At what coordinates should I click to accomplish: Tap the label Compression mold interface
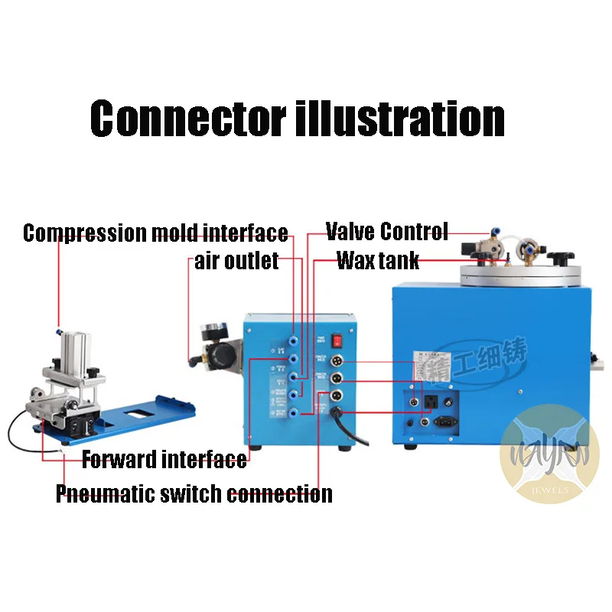coord(155,233)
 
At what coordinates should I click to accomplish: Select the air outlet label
coord(236,262)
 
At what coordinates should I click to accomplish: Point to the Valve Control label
coord(386,231)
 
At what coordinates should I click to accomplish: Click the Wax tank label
coord(378,261)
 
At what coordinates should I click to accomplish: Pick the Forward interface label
coord(164,460)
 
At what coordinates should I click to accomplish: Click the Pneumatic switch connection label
coord(194,493)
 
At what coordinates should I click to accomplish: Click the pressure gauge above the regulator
coord(204,334)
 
